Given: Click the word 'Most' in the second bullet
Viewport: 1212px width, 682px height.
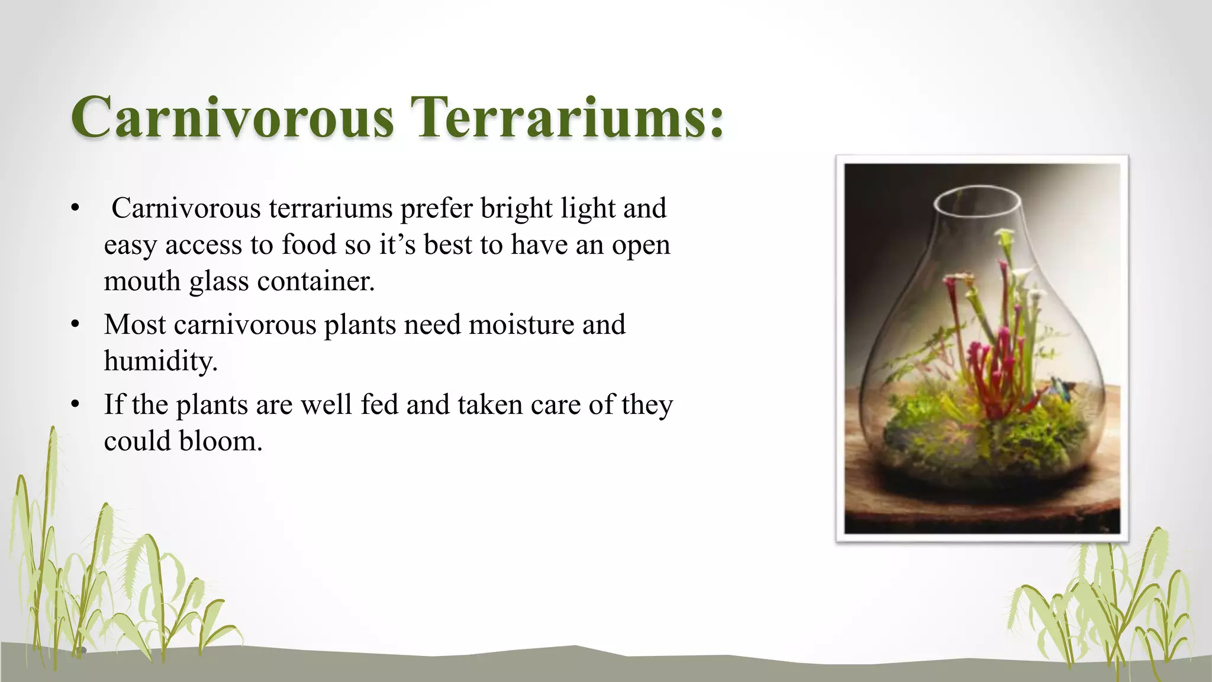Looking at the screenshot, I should (135, 324).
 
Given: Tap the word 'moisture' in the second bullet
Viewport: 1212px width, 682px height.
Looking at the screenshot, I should (520, 324).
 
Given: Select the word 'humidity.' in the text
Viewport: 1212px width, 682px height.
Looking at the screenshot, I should (161, 361).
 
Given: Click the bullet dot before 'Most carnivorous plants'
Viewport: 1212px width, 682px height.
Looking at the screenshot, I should (75, 324).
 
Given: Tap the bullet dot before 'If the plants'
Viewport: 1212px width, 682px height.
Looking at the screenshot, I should (75, 405).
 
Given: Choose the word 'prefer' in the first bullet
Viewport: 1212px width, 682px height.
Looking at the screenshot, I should (437, 208).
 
